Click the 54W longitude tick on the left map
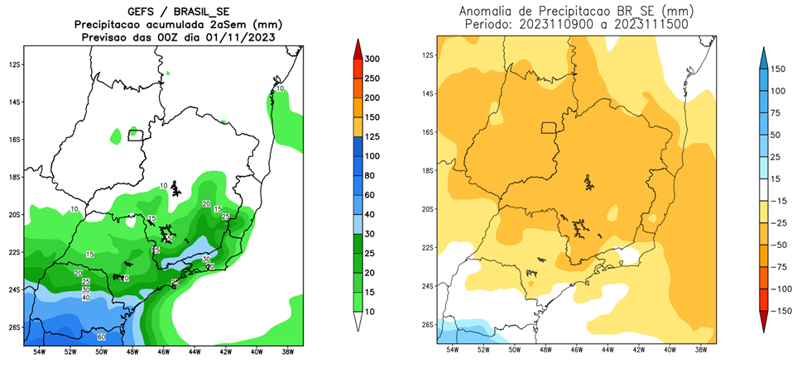39,351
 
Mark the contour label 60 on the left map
101,337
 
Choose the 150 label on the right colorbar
778,69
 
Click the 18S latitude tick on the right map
428,171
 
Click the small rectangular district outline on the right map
548,127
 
